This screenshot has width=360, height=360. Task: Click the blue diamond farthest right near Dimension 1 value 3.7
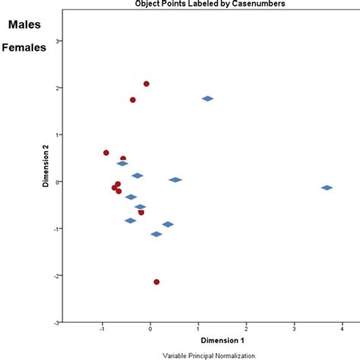click(327, 188)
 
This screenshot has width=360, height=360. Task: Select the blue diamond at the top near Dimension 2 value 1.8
click(207, 98)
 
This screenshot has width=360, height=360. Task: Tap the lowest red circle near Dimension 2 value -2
click(156, 282)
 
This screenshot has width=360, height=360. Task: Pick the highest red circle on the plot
click(147, 84)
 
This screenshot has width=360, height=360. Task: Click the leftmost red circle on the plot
click(106, 153)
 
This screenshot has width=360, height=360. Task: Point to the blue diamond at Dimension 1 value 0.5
click(175, 180)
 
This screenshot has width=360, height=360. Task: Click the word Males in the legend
click(24, 25)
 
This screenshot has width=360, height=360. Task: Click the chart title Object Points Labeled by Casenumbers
click(220, 4)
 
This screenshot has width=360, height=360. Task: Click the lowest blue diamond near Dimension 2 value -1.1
click(156, 234)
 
